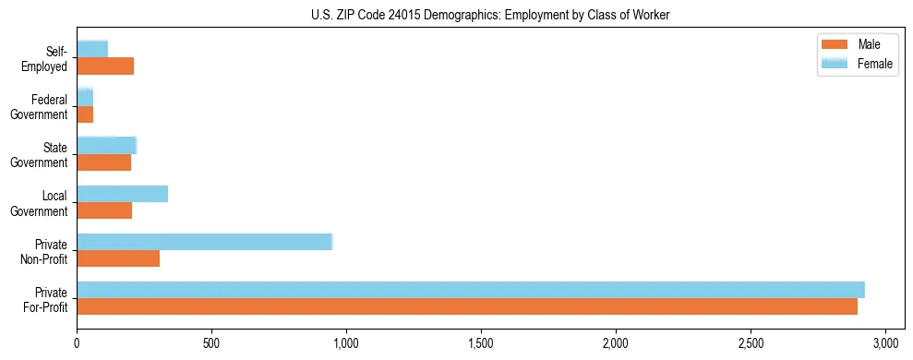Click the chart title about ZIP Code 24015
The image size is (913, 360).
[456, 15]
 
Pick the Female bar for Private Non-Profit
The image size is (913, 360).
[204, 242]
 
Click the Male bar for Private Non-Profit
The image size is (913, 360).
[118, 258]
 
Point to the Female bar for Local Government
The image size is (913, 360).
[123, 194]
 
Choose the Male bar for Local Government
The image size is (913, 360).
[104, 210]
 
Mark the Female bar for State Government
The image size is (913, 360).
[106, 145]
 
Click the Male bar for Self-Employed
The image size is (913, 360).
[105, 66]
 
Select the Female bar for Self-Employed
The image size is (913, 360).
[92, 49]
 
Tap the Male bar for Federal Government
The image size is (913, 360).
[85, 114]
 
